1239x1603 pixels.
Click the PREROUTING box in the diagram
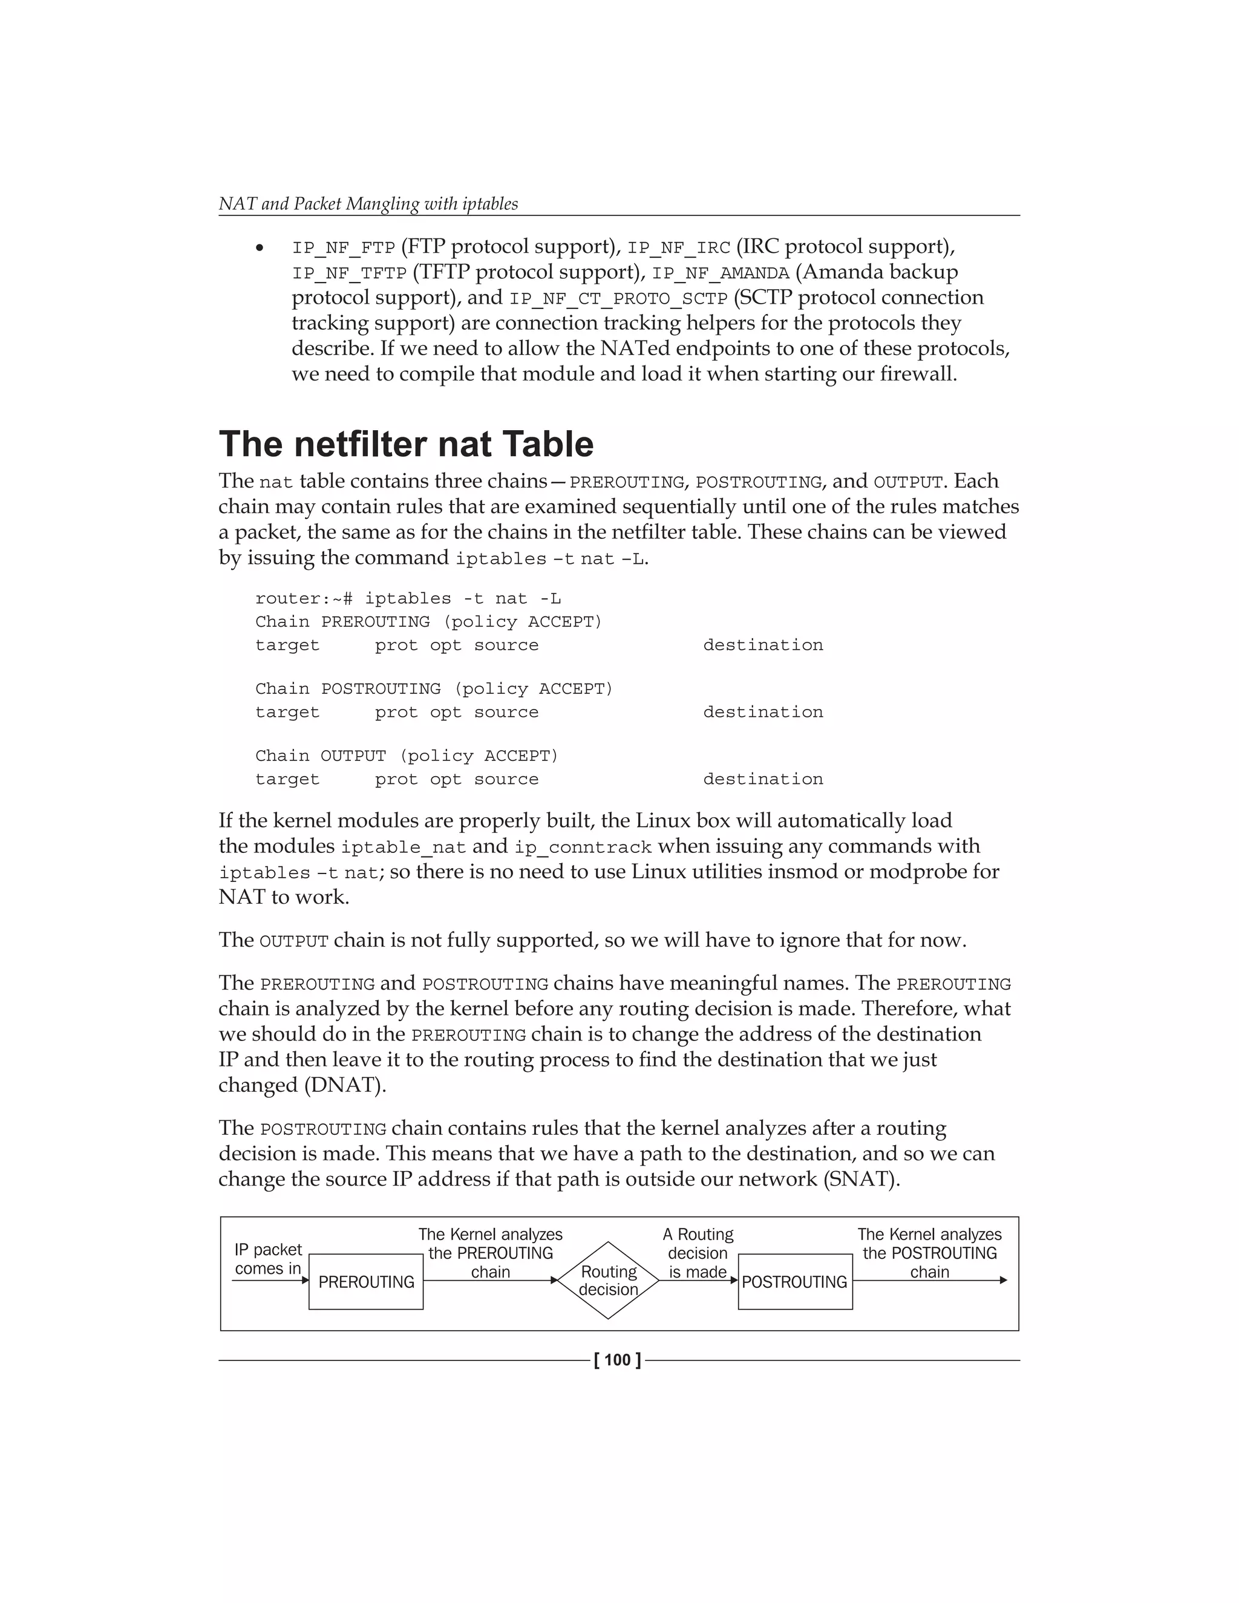click(x=365, y=1282)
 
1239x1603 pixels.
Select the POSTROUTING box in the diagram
click(x=795, y=1282)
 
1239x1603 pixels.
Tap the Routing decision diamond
click(x=608, y=1280)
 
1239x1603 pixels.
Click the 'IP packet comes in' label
click(x=268, y=1259)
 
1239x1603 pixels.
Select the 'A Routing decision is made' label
click(x=698, y=1253)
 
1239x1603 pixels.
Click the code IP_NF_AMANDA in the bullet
click(x=720, y=273)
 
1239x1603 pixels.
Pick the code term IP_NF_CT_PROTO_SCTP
click(x=618, y=299)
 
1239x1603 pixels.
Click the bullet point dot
click(x=259, y=249)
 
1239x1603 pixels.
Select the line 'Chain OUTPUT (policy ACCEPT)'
click(x=407, y=756)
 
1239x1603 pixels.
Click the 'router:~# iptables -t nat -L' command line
click(x=408, y=599)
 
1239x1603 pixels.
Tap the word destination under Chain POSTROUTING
click(x=763, y=712)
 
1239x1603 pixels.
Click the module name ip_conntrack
click(x=582, y=847)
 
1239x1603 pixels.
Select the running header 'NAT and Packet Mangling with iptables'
click(x=368, y=203)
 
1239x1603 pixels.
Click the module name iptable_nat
click(x=403, y=847)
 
